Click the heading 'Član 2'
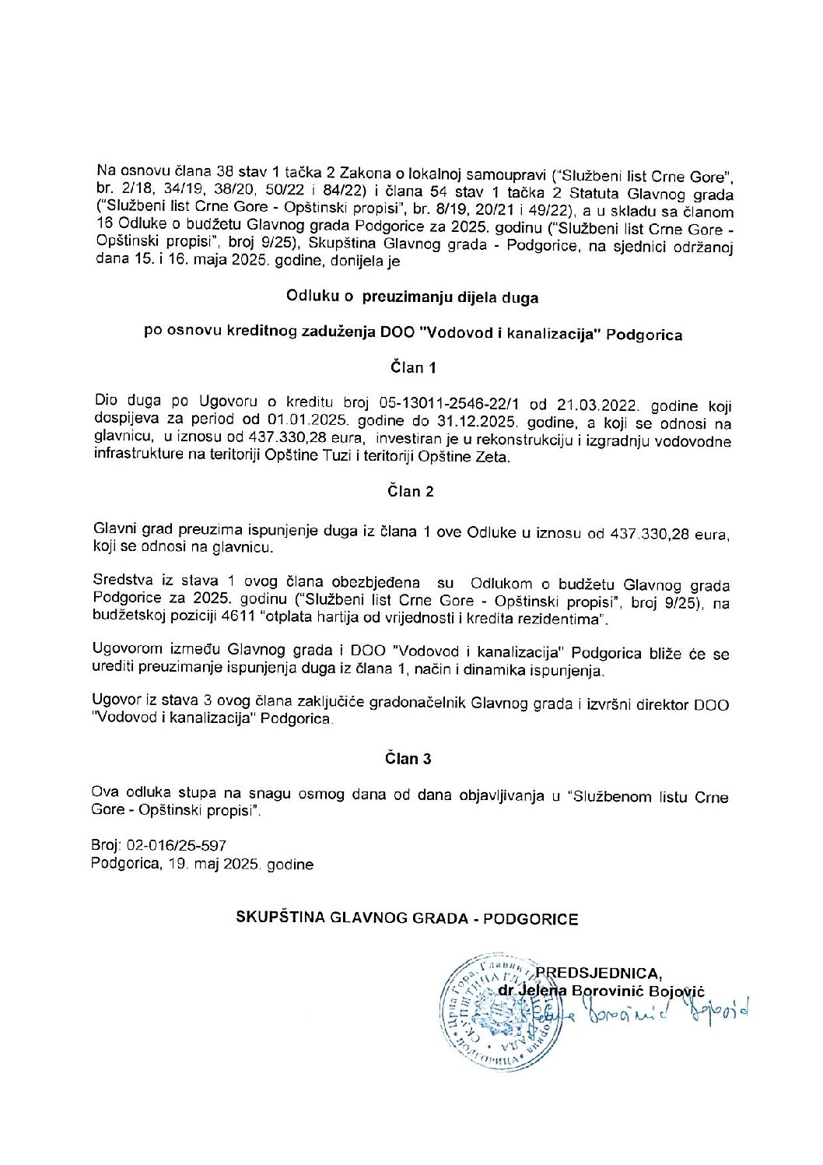coord(411,491)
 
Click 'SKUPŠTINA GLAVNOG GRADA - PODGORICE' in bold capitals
coord(407,919)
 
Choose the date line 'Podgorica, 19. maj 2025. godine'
coord(202,865)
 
